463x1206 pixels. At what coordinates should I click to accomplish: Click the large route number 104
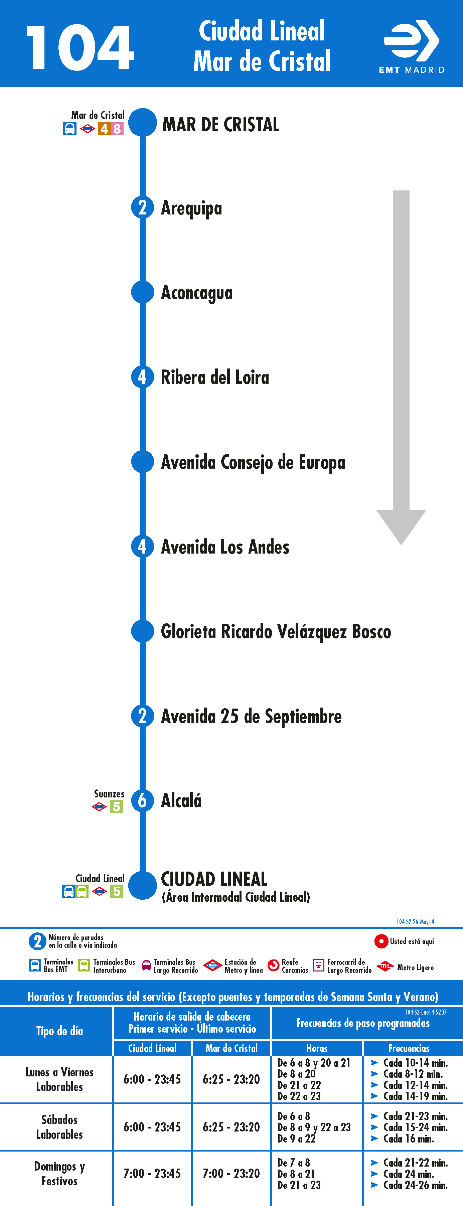80,47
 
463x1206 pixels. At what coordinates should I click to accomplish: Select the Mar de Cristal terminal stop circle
142,123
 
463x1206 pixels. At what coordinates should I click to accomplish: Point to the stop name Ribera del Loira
215,378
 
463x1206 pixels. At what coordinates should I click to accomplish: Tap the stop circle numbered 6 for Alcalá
142,800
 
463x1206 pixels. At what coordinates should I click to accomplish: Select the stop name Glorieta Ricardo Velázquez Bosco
276,631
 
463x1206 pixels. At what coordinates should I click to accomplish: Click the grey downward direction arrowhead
401,527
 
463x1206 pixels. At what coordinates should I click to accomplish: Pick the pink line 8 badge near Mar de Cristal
117,129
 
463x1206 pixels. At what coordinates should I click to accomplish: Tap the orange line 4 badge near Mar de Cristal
104,129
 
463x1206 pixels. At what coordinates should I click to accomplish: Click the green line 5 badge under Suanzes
117,807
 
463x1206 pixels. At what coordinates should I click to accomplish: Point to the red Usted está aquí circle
381,941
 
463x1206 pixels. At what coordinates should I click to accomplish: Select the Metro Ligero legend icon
384,966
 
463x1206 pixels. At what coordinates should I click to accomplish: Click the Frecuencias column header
409,1048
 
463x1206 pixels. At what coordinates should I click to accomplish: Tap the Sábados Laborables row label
59,1127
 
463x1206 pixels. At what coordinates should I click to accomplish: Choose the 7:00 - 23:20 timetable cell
231,1173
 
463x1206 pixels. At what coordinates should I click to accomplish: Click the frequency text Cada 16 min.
409,1139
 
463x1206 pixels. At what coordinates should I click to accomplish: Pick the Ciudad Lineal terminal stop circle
142,885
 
